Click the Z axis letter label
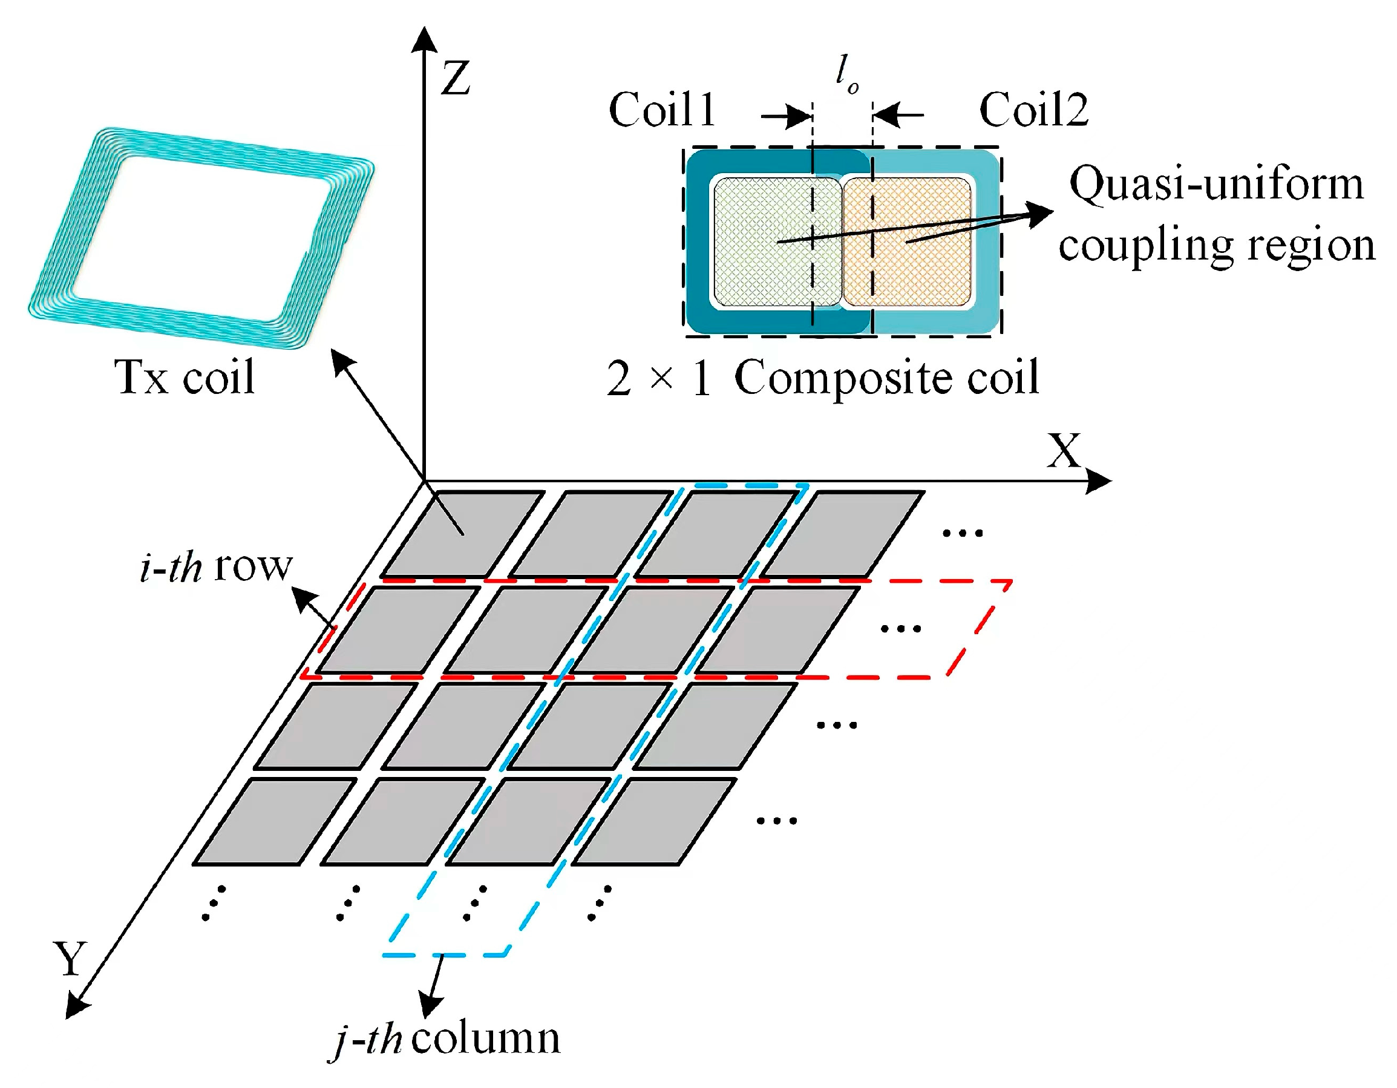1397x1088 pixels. pyautogui.click(x=456, y=79)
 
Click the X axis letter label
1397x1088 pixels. pyautogui.click(x=1063, y=451)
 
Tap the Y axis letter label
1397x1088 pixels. pyautogui.click(x=70, y=958)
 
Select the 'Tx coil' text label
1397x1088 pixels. pyautogui.click(x=185, y=378)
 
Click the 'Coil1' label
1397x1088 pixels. pyautogui.click(x=662, y=110)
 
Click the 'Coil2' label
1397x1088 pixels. pyautogui.click(x=1033, y=110)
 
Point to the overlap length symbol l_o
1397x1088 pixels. pyautogui.click(x=846, y=74)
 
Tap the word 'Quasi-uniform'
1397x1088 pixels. pyautogui.click(x=1216, y=185)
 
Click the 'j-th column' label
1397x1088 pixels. pyautogui.click(x=447, y=1039)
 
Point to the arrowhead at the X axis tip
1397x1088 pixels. pyautogui.click(x=1099, y=481)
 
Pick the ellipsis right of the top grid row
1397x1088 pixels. pyautogui.click(x=963, y=532)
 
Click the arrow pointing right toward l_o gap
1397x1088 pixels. pyautogui.click(x=787, y=116)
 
